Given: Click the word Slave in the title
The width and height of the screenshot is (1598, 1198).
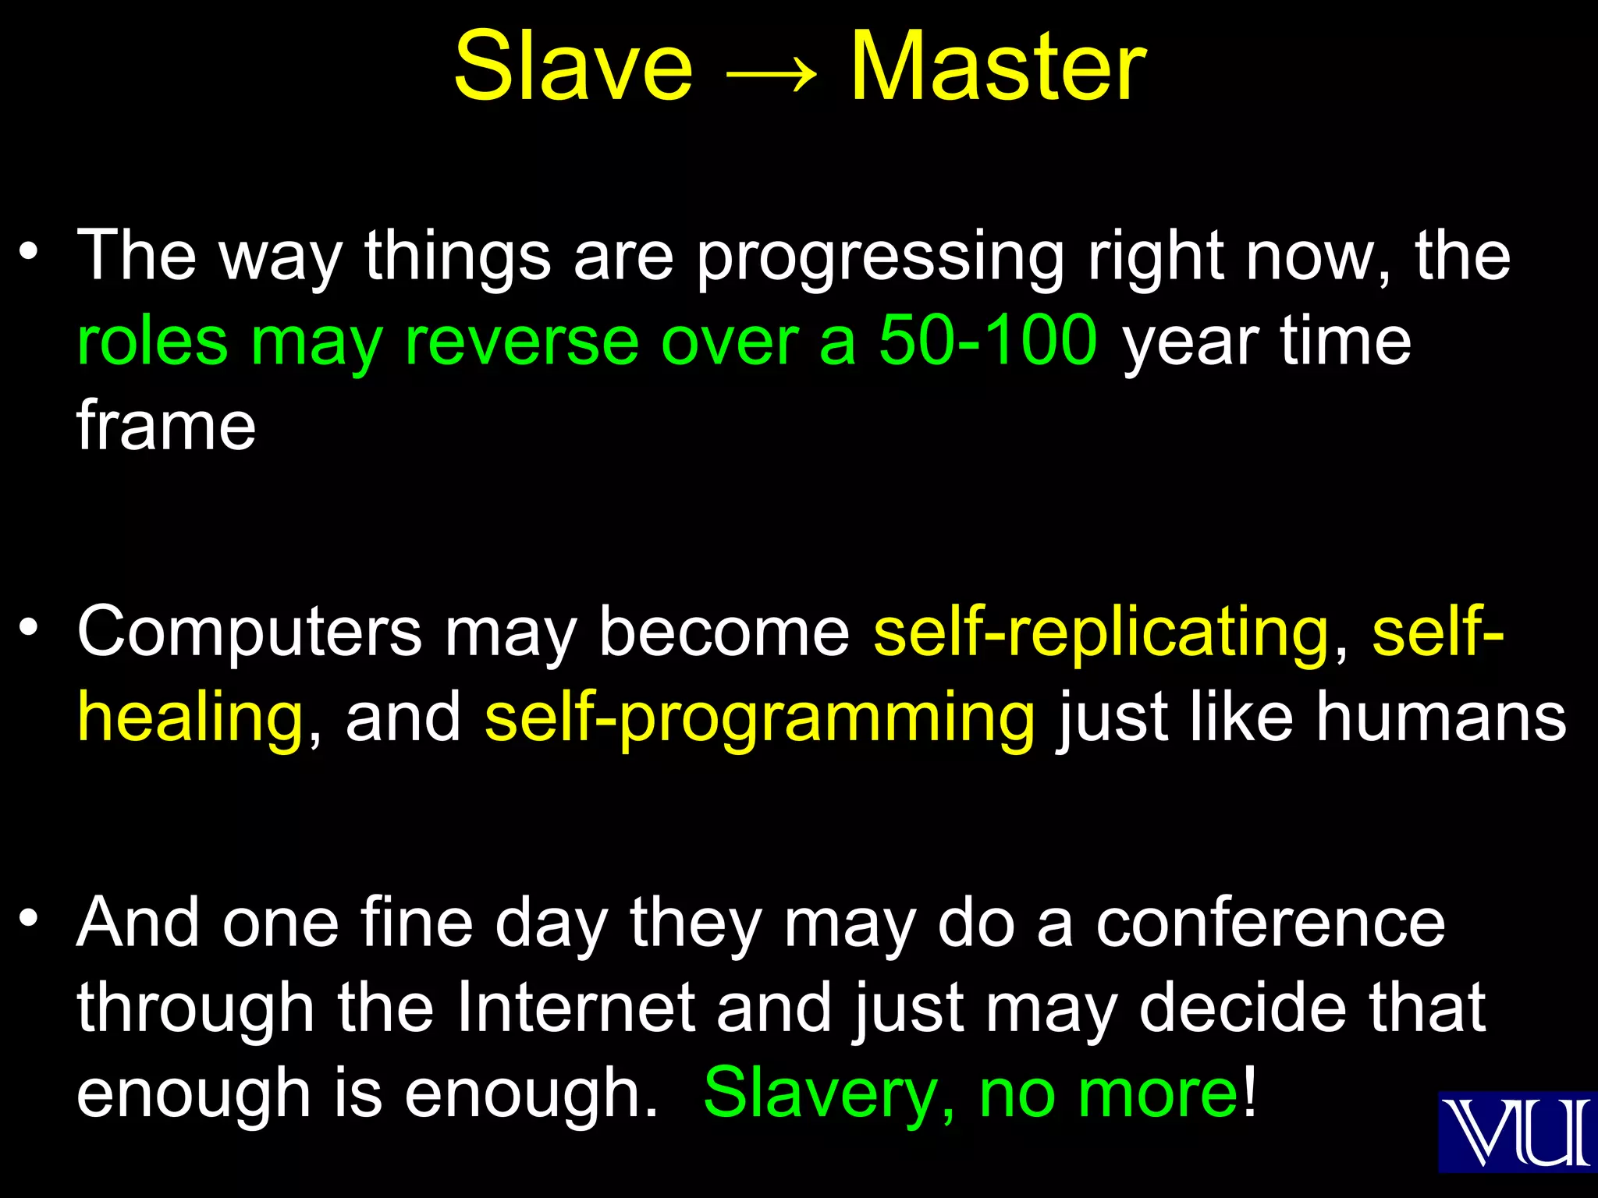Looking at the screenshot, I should (573, 67).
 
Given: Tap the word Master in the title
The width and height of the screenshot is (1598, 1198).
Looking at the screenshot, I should (998, 67).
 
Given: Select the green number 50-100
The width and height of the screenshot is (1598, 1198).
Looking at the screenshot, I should (988, 341).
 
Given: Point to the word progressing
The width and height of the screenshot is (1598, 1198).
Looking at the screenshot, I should (880, 257).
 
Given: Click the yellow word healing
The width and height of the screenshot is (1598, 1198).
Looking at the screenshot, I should (190, 718).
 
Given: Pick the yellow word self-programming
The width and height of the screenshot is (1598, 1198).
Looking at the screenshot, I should (759, 718).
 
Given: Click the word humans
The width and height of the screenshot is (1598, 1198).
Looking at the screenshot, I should (1440, 717).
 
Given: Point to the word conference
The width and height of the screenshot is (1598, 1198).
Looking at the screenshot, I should (1270, 923).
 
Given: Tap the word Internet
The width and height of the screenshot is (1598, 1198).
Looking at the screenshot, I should (575, 1008).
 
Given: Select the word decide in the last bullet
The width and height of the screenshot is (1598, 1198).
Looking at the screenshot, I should (1242, 1008).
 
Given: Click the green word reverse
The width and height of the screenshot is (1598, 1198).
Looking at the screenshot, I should (521, 341).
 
